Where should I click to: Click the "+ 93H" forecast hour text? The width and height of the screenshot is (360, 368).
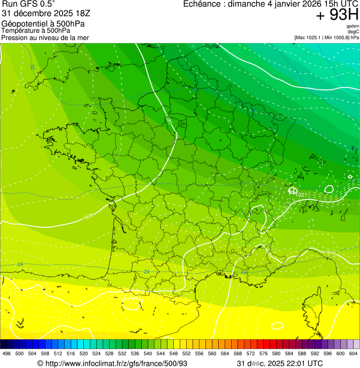337,15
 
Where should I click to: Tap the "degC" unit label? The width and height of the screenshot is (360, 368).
353,32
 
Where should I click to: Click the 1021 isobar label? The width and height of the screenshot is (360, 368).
301,195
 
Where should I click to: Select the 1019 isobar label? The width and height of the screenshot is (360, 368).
331,253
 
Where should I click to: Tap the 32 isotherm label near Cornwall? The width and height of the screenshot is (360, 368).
32,67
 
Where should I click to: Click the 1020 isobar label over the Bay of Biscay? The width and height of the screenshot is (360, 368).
87,217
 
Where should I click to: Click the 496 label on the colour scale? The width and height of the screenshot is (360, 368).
7,353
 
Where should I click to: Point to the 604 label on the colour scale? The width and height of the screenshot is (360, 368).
353,353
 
